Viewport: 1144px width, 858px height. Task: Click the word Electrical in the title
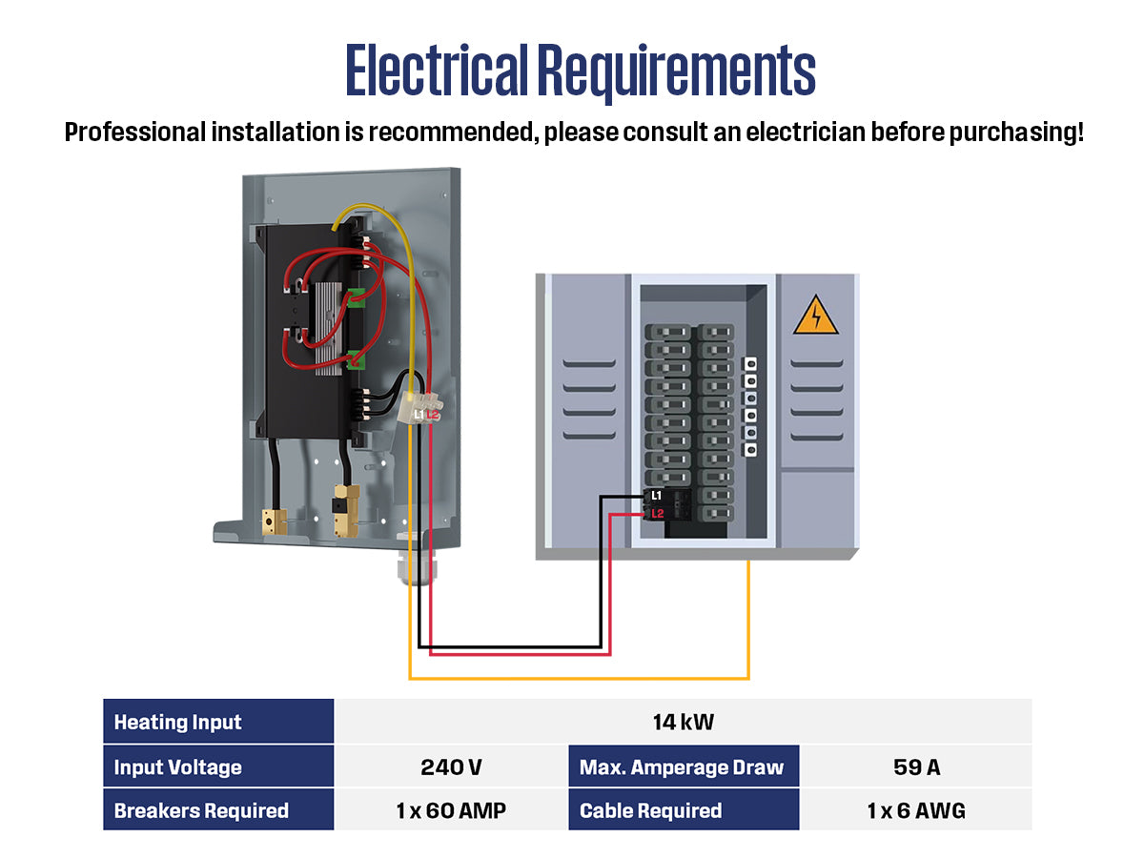436,71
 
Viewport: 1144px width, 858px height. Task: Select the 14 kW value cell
683,722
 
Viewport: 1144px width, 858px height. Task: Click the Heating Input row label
178,722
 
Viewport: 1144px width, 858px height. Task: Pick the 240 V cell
450,767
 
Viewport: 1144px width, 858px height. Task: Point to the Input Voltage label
178,767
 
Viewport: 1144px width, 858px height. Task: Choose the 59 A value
915,767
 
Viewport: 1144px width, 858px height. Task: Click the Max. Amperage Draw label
682,767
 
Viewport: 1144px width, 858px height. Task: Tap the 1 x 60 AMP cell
450,811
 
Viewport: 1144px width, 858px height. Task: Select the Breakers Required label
201,811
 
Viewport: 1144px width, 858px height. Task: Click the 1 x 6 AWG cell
915,811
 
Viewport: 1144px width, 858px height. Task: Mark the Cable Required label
650,811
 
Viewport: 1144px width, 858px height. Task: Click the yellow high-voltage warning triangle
815,316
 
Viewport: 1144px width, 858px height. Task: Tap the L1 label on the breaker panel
656,496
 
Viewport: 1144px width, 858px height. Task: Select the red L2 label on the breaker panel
656,514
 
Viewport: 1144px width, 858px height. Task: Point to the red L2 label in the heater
432,415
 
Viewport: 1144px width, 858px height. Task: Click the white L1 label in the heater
419,415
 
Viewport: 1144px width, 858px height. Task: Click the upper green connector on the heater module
357,297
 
